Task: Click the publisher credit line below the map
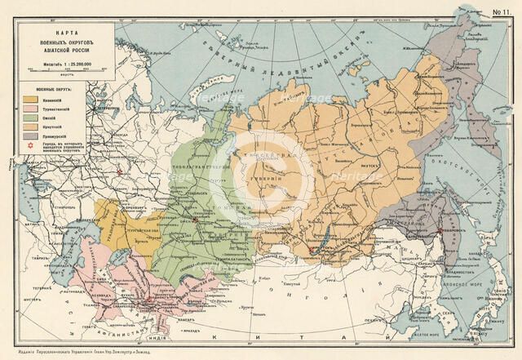pos(261,353)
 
